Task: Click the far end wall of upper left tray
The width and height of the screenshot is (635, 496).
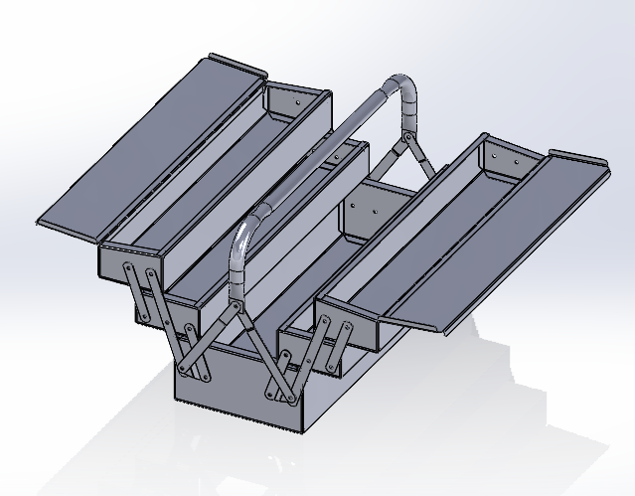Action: pos(298,105)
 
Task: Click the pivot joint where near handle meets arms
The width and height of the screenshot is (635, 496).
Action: pos(236,308)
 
